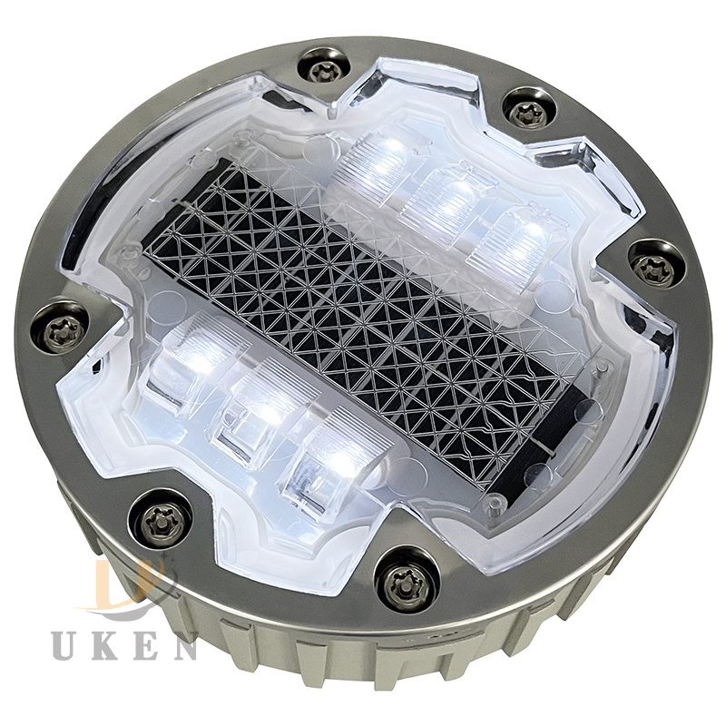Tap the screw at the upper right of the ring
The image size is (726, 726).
point(529,112)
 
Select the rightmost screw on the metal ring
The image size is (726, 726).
point(657,265)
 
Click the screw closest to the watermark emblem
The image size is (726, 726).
point(162,520)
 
